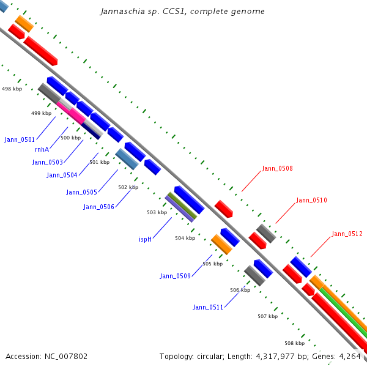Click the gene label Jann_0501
pos(20,139)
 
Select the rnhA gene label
pos(42,149)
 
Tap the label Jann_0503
pos(48,162)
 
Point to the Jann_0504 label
pos(62,175)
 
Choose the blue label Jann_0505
pos(81,192)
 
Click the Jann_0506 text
pos(99,207)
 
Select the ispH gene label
pos(145,239)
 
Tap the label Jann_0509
pos(176,276)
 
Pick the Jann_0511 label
pos(208,307)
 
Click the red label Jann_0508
pos(277,168)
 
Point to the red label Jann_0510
pos(311,200)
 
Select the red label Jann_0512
pos(347,234)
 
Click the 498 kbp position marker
pos(12,89)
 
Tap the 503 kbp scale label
pos(157,212)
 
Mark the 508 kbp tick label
pos(294,343)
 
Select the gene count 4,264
pos(350,356)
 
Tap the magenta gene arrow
pos(72,111)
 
